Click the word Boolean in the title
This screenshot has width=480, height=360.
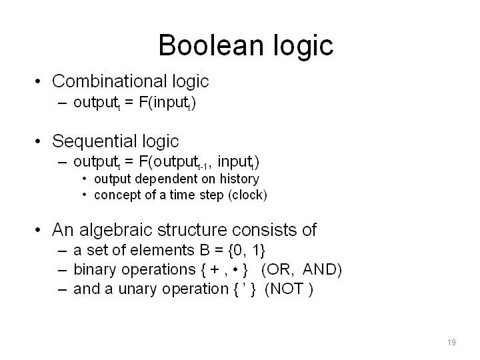(211, 45)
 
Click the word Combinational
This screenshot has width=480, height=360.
(109, 81)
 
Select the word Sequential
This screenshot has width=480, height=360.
(95, 142)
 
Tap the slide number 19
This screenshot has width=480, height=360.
(451, 342)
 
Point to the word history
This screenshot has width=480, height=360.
(239, 179)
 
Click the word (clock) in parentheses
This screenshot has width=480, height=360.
(247, 195)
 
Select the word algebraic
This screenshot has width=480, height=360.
(116, 230)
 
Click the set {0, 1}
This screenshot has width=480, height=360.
(247, 250)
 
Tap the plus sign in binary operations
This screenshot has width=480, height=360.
(215, 270)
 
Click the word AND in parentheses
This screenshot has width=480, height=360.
(322, 270)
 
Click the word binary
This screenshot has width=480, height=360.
(95, 270)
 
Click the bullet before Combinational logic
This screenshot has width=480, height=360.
(37, 81)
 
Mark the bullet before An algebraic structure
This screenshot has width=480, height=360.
(37, 230)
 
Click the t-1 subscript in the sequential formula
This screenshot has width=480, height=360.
(203, 167)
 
